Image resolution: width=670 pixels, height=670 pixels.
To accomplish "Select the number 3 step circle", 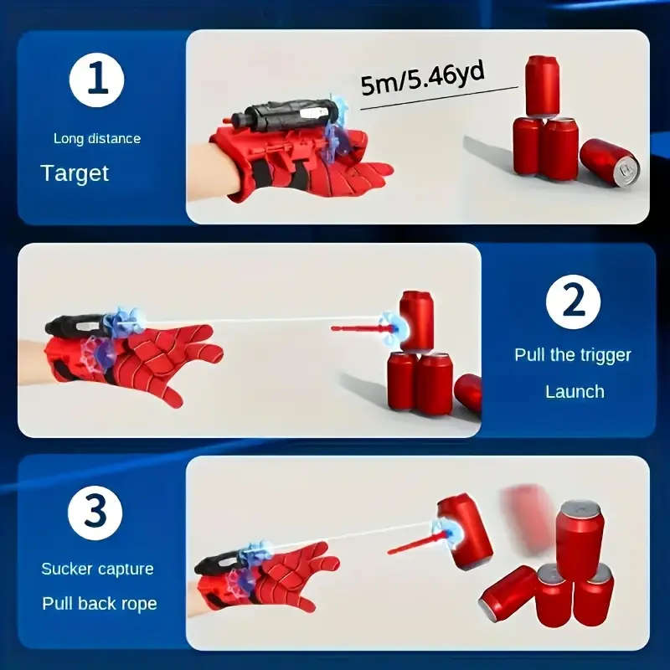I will point(97,511).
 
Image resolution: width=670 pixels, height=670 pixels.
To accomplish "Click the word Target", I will point(75,173).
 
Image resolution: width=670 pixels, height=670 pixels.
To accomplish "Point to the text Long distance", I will point(97,138).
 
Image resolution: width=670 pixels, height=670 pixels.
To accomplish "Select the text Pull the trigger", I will point(573,354).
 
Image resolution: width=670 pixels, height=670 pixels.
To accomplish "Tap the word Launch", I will point(575,391).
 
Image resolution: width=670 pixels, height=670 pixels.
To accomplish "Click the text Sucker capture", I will point(98,569).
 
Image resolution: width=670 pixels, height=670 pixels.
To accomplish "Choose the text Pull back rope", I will point(100,603).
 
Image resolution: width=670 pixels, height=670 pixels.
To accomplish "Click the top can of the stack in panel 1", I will point(542,85).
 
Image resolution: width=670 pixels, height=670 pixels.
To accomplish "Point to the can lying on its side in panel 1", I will point(609,162).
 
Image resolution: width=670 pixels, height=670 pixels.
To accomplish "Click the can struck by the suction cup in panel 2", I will point(417,321).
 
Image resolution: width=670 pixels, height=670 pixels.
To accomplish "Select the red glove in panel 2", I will point(151,360).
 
